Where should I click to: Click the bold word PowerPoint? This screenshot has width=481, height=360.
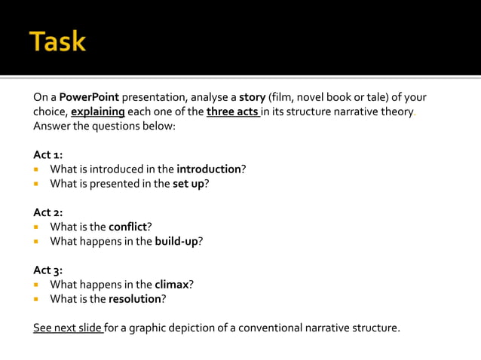(89, 97)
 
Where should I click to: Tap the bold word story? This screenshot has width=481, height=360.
(253, 97)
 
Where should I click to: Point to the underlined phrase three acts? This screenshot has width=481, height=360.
(231, 111)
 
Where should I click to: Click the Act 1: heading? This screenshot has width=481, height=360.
(48, 154)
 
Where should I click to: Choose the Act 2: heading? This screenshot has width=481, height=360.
(48, 212)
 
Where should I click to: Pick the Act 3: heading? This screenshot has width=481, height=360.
(48, 270)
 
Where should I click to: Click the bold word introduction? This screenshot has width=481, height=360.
(208, 169)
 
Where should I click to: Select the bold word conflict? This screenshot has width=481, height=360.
(130, 227)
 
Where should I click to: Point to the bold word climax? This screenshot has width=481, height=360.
(171, 284)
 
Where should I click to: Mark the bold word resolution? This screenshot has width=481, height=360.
(134, 298)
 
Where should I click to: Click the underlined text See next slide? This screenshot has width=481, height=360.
(68, 328)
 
